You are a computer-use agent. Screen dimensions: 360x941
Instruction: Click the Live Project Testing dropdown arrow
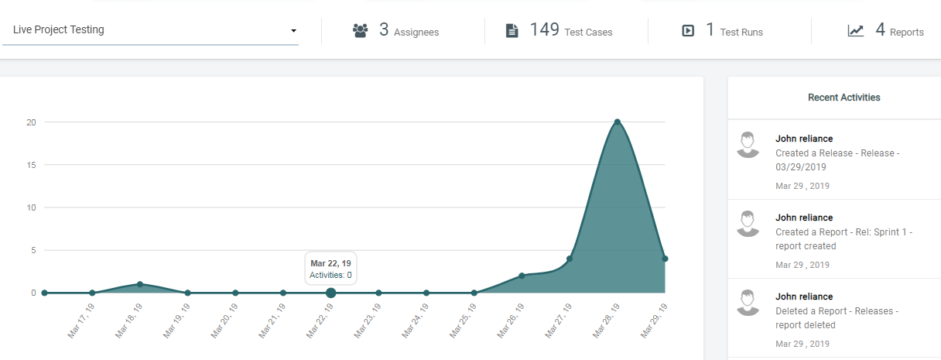tap(294, 31)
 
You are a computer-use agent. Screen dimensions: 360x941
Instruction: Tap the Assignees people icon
tap(360, 31)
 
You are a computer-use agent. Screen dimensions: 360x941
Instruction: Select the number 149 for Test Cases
tap(544, 30)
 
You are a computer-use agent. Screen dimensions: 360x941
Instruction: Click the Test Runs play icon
tap(688, 31)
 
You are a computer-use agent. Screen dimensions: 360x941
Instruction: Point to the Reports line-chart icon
tap(856, 31)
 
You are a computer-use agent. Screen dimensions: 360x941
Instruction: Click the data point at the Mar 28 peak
tap(618, 122)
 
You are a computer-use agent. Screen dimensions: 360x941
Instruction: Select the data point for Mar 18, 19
tap(140, 284)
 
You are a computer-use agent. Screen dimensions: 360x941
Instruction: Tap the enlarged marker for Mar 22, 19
tap(331, 293)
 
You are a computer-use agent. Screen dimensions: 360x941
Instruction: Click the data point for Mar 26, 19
tap(522, 276)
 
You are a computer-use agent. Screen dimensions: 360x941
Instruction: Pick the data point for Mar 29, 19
tap(665, 259)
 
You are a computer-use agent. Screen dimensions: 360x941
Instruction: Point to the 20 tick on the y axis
tap(31, 122)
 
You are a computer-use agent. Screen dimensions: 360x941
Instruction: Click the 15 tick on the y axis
tap(31, 165)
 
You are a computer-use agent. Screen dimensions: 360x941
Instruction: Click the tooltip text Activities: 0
tap(330, 275)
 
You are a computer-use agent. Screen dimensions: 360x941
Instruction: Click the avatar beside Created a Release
tap(748, 145)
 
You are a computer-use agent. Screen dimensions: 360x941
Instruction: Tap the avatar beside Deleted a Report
tap(748, 303)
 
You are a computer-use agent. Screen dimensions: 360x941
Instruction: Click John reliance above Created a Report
tap(804, 218)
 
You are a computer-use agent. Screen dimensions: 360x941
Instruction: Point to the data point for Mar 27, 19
tap(570, 259)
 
